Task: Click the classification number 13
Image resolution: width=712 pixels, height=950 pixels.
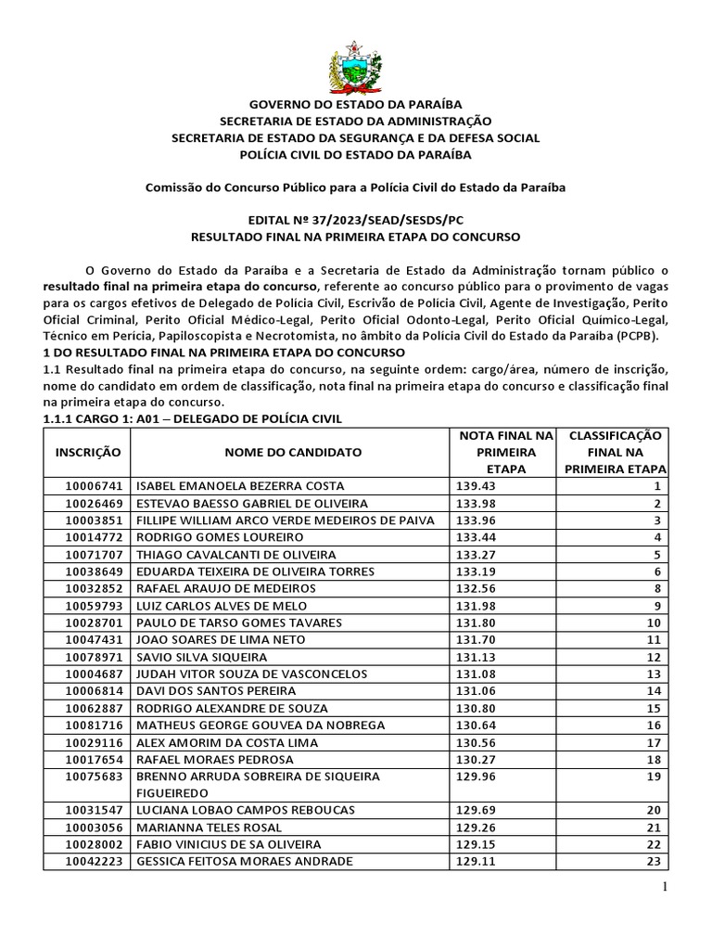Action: tap(653, 674)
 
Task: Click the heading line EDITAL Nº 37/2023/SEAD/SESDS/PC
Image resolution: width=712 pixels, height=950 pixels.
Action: tap(355, 221)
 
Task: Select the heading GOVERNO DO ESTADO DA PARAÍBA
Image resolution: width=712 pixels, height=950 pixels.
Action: tap(355, 105)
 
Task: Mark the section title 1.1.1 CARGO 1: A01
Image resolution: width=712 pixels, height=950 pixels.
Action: tap(193, 419)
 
